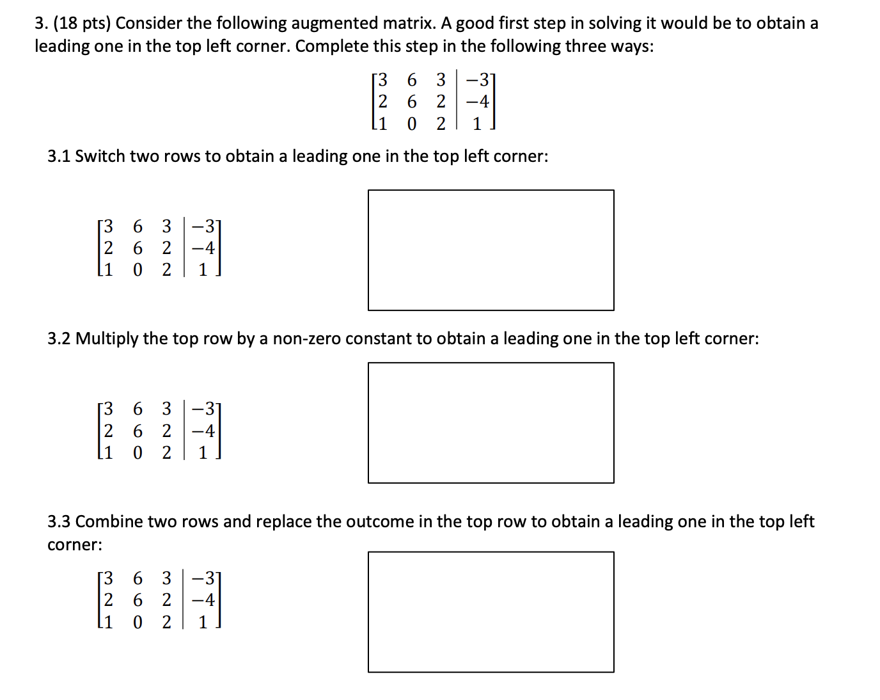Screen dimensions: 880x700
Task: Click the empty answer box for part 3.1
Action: click(491, 250)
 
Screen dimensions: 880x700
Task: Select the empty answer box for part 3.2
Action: click(491, 423)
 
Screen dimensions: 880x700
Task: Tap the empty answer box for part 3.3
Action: click(491, 612)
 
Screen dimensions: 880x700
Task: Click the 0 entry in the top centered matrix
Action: click(412, 123)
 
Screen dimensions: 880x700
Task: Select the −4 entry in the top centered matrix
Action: click(478, 102)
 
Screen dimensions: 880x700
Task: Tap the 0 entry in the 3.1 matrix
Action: click(137, 270)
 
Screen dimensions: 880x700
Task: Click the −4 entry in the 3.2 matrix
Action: click(204, 431)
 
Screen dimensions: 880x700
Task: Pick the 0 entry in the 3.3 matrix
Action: click(137, 622)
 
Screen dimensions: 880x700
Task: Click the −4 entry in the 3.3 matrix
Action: click(204, 600)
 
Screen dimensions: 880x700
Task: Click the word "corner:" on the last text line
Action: click(75, 545)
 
